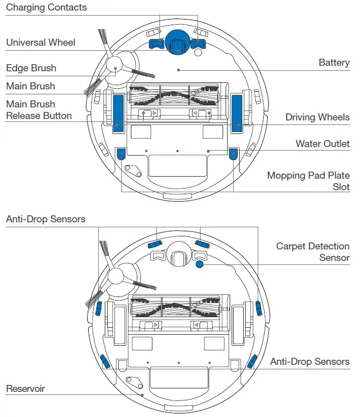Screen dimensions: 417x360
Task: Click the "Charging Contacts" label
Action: pos(46,8)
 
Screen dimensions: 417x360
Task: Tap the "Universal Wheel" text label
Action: pos(41,42)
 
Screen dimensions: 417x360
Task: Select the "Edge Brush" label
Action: pos(31,68)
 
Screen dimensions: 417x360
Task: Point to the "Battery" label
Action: pos(334,63)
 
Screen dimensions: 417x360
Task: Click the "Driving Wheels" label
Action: pos(317,117)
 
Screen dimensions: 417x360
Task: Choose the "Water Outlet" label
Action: pos(322,144)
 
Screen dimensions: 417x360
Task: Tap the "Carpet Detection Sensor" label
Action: pos(312,252)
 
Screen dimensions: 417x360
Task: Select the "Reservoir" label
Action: pos(26,389)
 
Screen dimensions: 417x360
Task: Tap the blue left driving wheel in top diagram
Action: pos(118,113)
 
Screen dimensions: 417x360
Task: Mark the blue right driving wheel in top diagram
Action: pos(236,113)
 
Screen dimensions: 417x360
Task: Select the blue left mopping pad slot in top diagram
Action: pos(121,154)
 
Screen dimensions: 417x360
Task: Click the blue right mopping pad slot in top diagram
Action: pos(233,154)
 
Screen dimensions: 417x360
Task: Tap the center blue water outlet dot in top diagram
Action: pos(177,151)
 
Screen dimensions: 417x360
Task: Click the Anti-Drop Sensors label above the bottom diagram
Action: pos(46,219)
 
